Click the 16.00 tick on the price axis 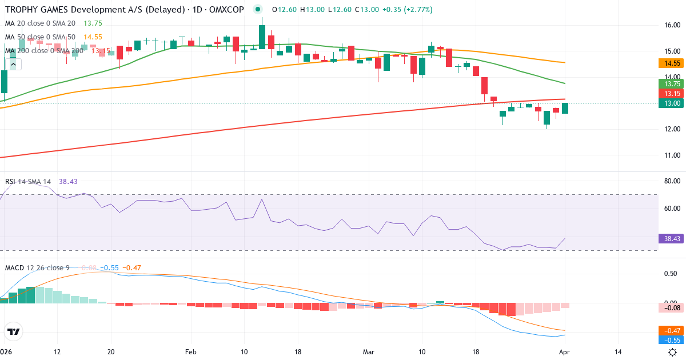click(671, 25)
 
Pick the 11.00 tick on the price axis click(671, 155)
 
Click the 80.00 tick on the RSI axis click(671, 182)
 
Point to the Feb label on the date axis click(190, 352)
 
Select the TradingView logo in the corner click(13, 331)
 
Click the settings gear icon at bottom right click(673, 352)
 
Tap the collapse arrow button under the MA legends click(13, 64)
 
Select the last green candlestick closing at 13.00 click(565, 108)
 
